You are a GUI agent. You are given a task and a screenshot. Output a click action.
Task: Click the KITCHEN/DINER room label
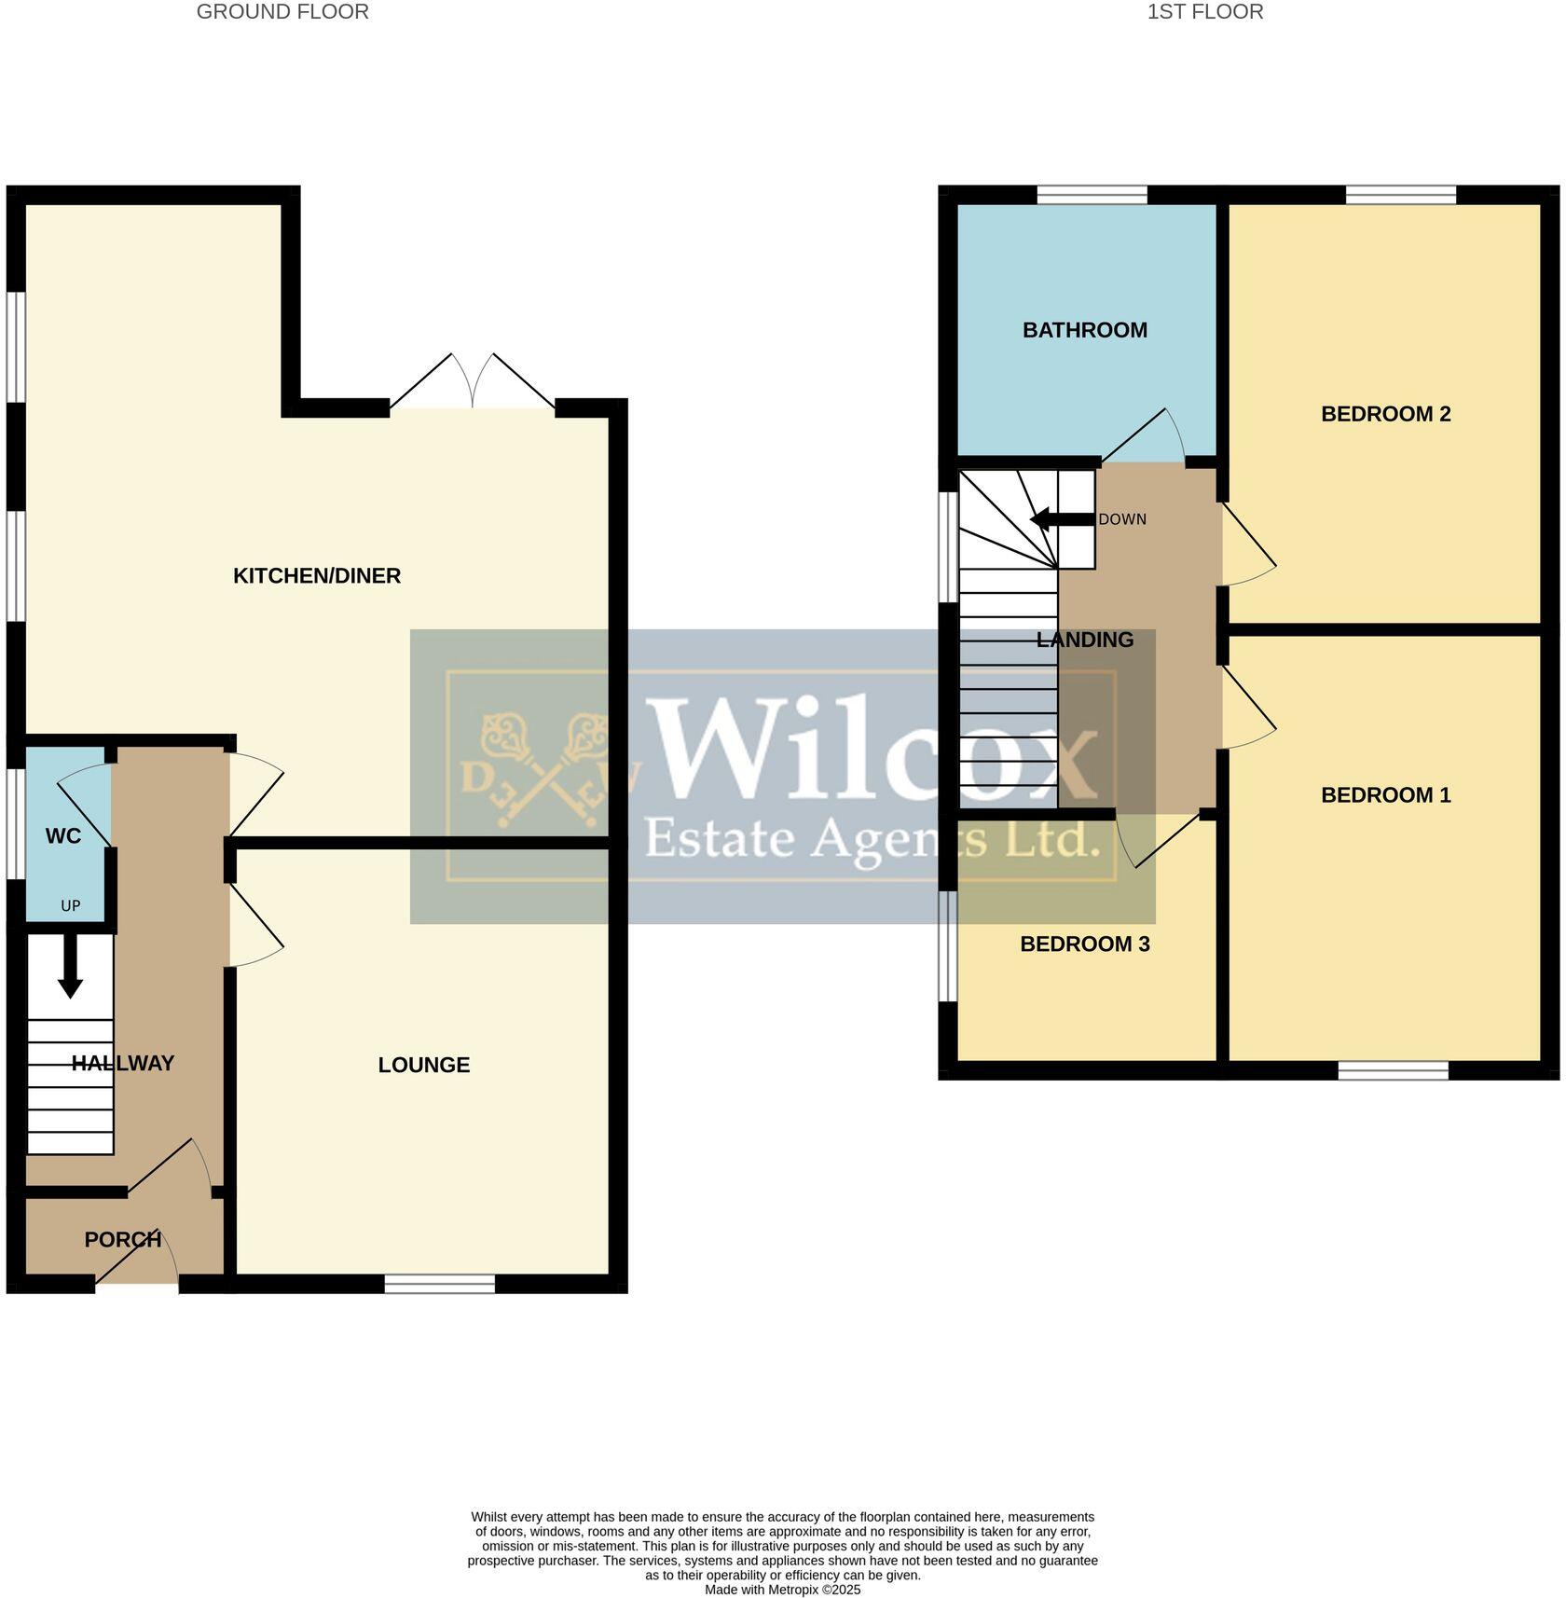317,576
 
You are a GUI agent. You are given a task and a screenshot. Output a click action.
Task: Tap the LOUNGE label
423,1065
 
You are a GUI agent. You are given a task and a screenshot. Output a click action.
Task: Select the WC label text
63,836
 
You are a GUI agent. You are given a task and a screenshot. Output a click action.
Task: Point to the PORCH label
122,1240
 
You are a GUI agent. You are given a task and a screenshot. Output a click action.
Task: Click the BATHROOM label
1084,330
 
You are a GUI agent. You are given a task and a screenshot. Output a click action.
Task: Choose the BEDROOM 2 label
1385,414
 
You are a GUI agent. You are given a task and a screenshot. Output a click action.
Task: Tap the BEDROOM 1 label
1385,795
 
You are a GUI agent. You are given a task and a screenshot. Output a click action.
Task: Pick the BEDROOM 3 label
1084,944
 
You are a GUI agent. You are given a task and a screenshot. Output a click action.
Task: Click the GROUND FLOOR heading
282,12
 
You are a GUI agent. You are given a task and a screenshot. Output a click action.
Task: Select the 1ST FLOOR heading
1204,12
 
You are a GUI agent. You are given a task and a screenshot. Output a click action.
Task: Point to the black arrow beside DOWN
1060,519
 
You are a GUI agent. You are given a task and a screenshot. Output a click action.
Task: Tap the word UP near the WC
71,906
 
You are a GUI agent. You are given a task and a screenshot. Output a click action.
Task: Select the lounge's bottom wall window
440,1285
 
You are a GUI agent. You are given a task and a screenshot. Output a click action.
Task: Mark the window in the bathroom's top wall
1092,195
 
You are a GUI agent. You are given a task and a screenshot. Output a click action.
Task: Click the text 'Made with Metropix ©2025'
782,1590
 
